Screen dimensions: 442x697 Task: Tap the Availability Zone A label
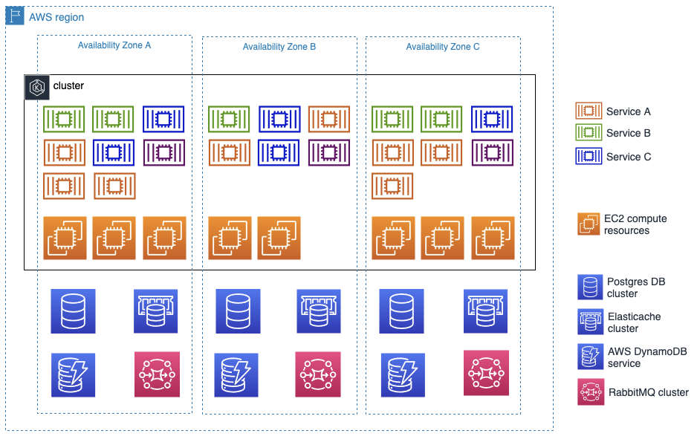114,45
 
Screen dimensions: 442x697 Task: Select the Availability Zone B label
279,47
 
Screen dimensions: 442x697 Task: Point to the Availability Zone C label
442,47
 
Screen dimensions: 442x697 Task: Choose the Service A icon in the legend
589,111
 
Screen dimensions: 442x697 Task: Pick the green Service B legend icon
589,133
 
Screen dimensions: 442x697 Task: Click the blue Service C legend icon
589,157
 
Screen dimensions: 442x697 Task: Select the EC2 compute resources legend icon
589,224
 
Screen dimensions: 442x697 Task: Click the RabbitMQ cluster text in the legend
647,392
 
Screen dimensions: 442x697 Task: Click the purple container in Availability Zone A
163,152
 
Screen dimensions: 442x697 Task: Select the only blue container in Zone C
492,120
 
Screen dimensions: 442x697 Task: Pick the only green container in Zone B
229,120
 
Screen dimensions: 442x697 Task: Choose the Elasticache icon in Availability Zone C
486,311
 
